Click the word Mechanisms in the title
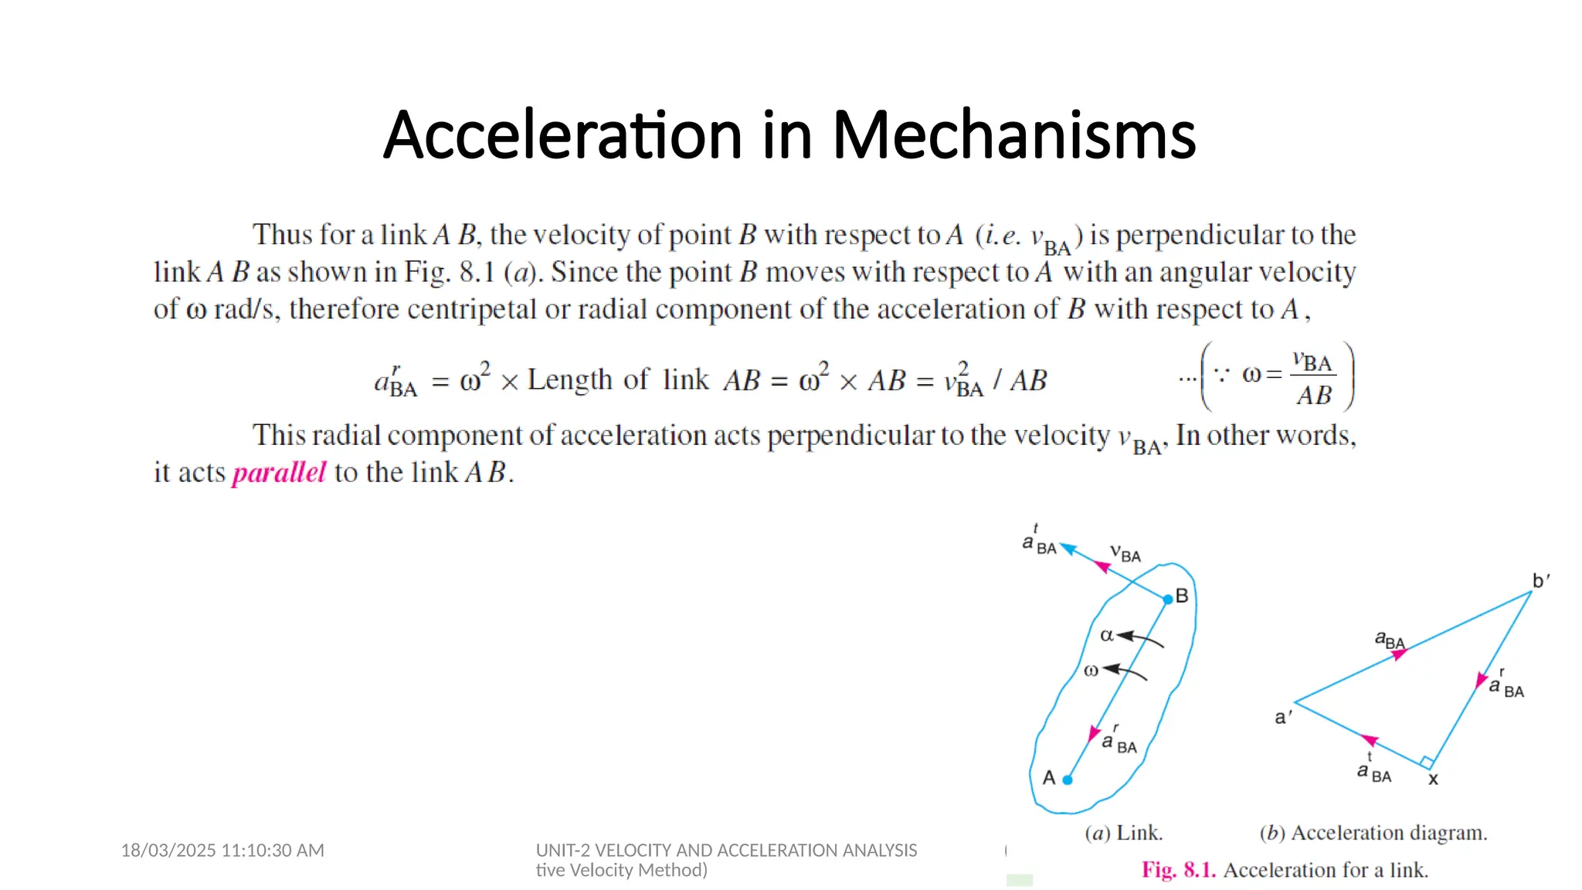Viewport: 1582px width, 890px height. [x=1013, y=135]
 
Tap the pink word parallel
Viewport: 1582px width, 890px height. [x=279, y=472]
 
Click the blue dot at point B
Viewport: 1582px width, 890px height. [x=1168, y=599]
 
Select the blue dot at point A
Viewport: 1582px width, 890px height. [x=1068, y=780]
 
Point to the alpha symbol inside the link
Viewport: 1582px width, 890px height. [x=1107, y=635]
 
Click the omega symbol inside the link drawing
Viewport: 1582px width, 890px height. [x=1091, y=671]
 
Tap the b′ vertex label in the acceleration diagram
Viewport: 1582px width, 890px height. [x=1540, y=581]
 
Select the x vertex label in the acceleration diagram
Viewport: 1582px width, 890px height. [x=1433, y=780]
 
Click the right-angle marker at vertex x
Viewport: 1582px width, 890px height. [x=1427, y=763]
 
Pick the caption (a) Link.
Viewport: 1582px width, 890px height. [x=1123, y=833]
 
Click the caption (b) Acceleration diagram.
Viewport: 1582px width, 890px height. [x=1373, y=833]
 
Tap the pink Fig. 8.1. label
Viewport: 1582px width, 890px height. [x=1179, y=870]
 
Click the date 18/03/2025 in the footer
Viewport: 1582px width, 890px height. [x=169, y=851]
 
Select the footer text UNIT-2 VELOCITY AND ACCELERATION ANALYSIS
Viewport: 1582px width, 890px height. [x=726, y=851]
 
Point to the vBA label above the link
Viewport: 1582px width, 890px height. [x=1125, y=553]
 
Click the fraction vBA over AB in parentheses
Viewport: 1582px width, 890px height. [x=1313, y=378]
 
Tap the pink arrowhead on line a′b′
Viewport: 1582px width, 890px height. [x=1400, y=654]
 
